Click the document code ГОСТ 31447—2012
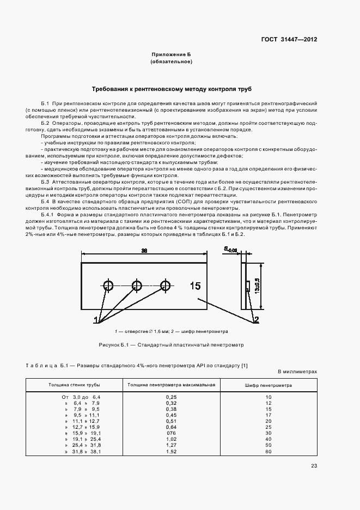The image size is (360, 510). click(289, 39)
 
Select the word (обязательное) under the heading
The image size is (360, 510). click(172, 62)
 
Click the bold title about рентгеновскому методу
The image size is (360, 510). click(172, 88)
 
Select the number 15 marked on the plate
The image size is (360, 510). click(195, 286)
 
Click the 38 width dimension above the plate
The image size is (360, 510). click(144, 251)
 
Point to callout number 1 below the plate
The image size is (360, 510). click(96, 319)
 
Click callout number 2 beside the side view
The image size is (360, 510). click(256, 319)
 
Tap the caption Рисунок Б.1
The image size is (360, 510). click(172, 345)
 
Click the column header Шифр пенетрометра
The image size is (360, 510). click(268, 385)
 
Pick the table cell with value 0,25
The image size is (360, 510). click(171, 397)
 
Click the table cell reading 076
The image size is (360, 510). click(171, 433)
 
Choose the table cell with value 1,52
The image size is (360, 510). click(171, 452)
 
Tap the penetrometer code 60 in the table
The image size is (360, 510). click(268, 452)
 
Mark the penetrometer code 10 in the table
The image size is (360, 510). click(268, 397)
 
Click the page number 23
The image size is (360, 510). click(314, 466)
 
